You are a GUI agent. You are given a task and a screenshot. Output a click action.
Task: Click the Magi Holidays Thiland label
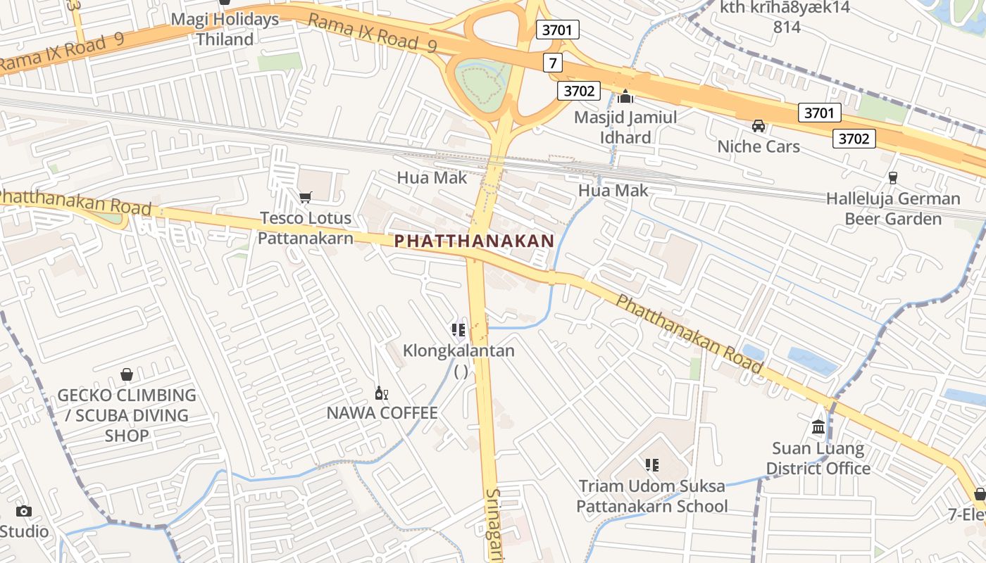click(x=225, y=30)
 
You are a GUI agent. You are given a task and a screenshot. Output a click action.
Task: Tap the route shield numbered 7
click(x=553, y=63)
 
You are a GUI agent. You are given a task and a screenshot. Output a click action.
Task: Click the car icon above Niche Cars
click(x=759, y=126)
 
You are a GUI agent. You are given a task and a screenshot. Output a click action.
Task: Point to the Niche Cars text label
click(x=759, y=146)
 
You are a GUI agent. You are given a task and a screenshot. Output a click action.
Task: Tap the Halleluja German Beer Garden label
click(x=893, y=209)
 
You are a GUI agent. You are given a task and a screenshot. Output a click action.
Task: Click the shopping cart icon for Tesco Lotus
click(x=305, y=198)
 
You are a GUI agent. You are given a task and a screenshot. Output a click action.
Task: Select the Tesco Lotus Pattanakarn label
click(x=305, y=228)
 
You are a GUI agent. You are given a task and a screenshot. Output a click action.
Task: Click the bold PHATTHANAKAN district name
click(x=474, y=241)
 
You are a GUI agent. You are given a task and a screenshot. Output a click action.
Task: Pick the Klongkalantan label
click(x=458, y=350)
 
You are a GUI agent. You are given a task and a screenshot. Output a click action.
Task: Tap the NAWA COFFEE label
click(x=382, y=413)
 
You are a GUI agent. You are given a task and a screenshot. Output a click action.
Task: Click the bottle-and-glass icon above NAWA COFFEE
click(x=381, y=393)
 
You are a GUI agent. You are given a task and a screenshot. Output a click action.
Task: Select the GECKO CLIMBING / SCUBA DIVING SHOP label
click(x=127, y=415)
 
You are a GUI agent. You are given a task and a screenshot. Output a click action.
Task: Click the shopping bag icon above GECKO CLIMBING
click(x=127, y=374)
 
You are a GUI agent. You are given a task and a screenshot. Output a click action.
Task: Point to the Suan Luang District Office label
click(x=818, y=458)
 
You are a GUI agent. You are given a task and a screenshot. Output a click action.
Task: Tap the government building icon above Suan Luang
click(x=818, y=426)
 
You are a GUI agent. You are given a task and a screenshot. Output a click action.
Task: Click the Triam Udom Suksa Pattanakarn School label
click(x=652, y=496)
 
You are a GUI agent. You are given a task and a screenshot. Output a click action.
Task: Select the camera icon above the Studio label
click(x=24, y=512)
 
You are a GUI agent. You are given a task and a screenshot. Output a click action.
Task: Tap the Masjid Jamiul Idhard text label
click(x=625, y=127)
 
